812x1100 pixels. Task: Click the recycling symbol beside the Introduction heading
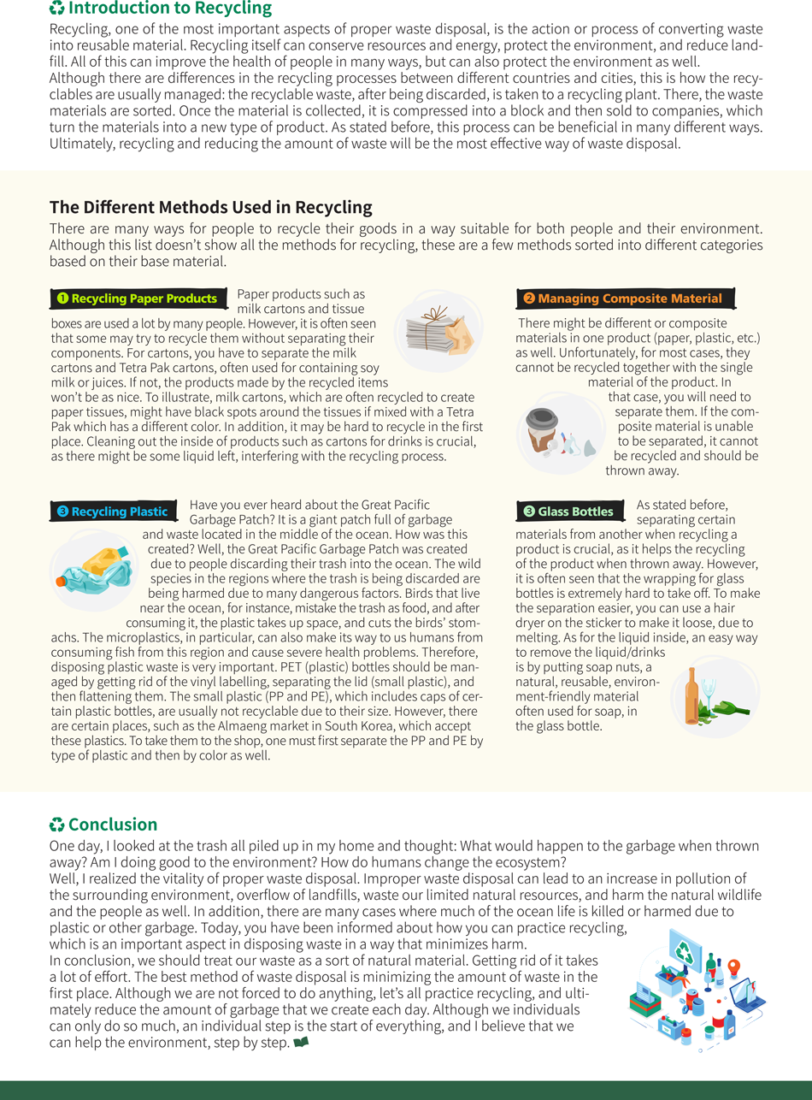(x=57, y=9)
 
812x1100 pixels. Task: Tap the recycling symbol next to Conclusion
(x=57, y=825)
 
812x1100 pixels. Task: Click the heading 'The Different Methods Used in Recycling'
(x=211, y=207)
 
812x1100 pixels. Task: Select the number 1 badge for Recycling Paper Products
(x=62, y=299)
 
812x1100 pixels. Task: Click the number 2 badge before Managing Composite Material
(x=528, y=299)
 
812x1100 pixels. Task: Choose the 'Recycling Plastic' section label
(x=119, y=512)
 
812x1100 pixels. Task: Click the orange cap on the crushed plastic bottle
(x=62, y=582)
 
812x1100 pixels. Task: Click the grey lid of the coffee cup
(x=540, y=417)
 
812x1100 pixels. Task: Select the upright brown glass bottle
(x=691, y=693)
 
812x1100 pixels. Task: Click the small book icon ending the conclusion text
(x=300, y=1043)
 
